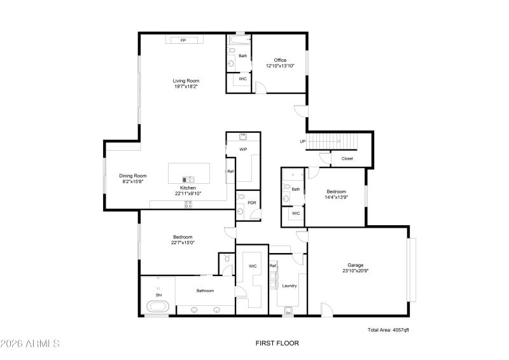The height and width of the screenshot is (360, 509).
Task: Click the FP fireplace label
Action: (x=183, y=40)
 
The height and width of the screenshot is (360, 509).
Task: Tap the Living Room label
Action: (x=186, y=81)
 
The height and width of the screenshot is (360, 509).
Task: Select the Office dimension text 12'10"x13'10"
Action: (x=280, y=66)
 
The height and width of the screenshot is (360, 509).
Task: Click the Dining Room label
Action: (x=133, y=176)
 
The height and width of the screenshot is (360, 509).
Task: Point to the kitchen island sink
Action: (x=188, y=179)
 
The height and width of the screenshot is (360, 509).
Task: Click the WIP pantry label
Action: (x=243, y=149)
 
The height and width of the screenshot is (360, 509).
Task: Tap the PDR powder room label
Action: (x=251, y=203)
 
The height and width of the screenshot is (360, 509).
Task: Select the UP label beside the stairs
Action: (x=303, y=141)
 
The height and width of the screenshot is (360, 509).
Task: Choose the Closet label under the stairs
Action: (x=347, y=158)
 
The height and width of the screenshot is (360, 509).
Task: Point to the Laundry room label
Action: (x=289, y=286)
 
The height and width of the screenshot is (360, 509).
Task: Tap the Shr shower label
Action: (x=159, y=294)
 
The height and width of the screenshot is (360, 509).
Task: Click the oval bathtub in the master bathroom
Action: (x=158, y=308)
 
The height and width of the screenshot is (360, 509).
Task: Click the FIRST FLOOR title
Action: (x=277, y=343)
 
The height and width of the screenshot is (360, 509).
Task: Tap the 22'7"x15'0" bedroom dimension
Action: (x=183, y=242)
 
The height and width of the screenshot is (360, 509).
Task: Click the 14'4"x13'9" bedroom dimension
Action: (x=337, y=197)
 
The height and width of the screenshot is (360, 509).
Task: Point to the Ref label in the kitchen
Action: (x=230, y=172)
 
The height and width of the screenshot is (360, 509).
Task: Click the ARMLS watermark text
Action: (x=31, y=343)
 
